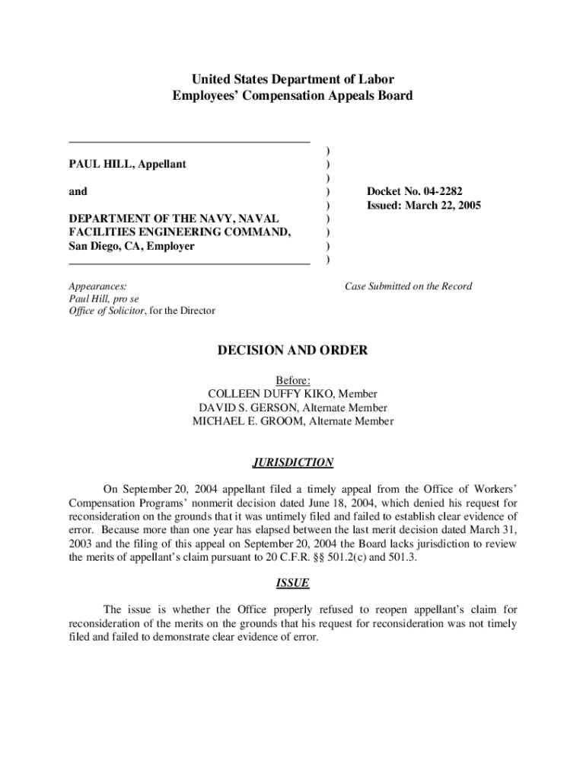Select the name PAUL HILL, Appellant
pos(128,164)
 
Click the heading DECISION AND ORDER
pos(293,350)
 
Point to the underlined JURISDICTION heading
pos(293,462)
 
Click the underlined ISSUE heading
pos(293,583)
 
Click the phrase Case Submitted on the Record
pos(408,286)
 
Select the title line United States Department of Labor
pos(293,79)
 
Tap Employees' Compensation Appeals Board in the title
pos(293,96)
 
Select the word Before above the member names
pos(292,380)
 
